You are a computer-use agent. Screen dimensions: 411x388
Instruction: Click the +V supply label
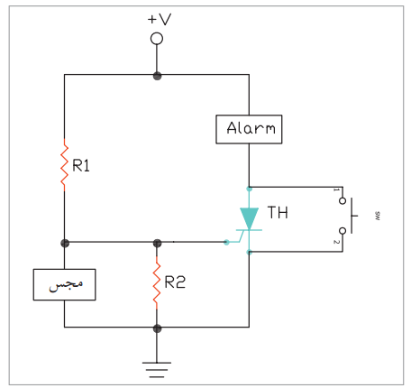click(160, 19)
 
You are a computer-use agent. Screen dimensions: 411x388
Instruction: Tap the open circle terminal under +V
click(157, 39)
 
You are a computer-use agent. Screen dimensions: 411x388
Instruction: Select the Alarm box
click(249, 129)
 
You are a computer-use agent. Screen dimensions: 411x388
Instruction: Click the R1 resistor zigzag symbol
click(64, 165)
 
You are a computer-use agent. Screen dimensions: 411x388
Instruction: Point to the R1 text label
click(81, 165)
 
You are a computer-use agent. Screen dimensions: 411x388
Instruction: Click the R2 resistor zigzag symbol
click(157, 282)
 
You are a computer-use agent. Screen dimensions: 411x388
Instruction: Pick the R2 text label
click(175, 282)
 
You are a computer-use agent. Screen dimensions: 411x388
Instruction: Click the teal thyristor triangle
click(249, 218)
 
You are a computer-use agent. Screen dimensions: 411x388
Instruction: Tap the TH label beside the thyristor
click(278, 212)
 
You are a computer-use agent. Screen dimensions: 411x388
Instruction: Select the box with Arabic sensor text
click(64, 284)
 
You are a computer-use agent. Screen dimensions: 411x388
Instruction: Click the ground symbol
click(157, 370)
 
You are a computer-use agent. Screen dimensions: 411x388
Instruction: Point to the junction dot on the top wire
click(157, 76)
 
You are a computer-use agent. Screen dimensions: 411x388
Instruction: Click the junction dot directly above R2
click(157, 243)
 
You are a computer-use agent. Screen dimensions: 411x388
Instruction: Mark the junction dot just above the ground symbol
click(157, 328)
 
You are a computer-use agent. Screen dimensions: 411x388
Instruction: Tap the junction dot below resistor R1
click(65, 243)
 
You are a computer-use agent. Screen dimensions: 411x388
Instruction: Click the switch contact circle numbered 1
click(342, 200)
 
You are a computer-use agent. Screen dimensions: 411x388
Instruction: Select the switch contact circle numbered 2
click(342, 231)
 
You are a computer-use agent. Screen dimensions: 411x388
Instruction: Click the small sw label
click(378, 216)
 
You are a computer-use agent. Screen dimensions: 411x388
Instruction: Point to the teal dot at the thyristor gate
click(227, 242)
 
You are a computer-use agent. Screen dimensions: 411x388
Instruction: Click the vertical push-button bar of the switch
click(352, 216)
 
